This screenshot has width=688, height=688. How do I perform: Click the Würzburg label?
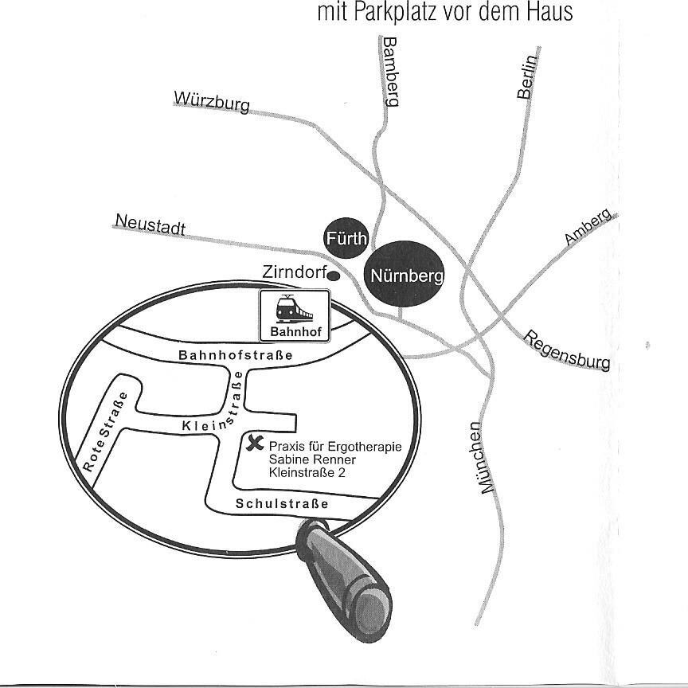[x=211, y=102]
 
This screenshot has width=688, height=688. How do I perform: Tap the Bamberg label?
[x=390, y=71]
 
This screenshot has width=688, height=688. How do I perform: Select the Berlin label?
[x=527, y=76]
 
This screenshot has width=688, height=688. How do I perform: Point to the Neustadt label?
[x=150, y=225]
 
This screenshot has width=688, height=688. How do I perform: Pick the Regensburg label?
[x=567, y=350]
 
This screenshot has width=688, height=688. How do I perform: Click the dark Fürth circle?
[x=346, y=238]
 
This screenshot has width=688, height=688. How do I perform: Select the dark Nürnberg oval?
[x=405, y=276]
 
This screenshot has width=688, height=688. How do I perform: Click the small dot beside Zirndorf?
[x=335, y=276]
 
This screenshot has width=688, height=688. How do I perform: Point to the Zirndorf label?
[x=294, y=272]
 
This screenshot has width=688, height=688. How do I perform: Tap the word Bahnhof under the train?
[x=294, y=332]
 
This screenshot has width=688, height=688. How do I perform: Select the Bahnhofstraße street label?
[x=236, y=355]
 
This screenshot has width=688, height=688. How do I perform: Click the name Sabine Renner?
[x=312, y=460]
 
